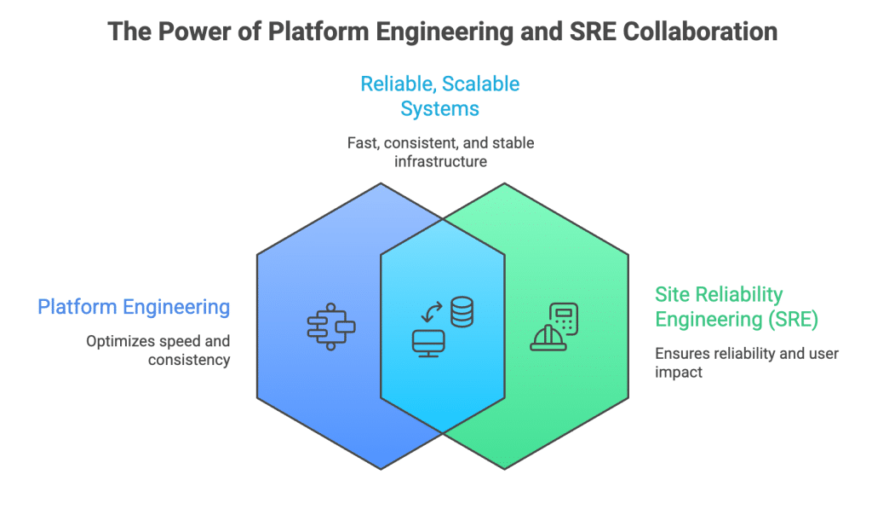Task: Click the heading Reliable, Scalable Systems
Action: (439, 96)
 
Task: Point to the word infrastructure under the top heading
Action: (439, 160)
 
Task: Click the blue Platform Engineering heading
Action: (134, 307)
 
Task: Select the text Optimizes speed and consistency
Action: (158, 350)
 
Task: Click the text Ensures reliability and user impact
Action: (746, 363)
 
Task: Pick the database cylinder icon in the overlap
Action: (462, 311)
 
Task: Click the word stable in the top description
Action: (513, 142)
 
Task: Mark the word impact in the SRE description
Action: (679, 373)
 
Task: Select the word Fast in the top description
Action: (363, 142)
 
